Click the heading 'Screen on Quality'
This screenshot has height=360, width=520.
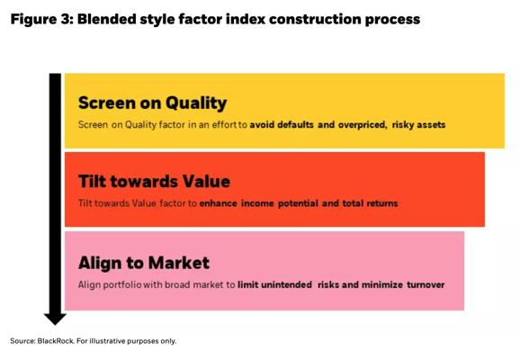(x=153, y=103)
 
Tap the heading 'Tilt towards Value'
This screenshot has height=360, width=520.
(x=154, y=182)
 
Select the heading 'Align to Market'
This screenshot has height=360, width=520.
(x=144, y=264)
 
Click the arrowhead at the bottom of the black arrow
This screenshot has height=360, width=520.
(x=55, y=319)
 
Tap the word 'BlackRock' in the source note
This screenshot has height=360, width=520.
(x=56, y=341)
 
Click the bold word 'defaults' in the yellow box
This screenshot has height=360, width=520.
(x=295, y=125)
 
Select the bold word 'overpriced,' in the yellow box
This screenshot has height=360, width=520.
(x=363, y=125)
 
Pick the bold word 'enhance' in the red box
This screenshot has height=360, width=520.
(x=219, y=203)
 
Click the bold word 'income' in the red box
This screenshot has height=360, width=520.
(x=257, y=203)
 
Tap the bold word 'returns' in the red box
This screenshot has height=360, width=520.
(x=382, y=203)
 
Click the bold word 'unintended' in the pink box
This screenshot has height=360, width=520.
(x=286, y=284)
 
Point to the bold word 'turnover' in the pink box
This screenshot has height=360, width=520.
(x=426, y=285)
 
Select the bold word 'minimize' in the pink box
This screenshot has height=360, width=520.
(x=382, y=284)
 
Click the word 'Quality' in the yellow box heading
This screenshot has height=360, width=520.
(x=196, y=103)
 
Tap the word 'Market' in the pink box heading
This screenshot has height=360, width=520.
(x=179, y=263)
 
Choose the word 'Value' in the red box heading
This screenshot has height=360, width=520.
(x=206, y=182)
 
